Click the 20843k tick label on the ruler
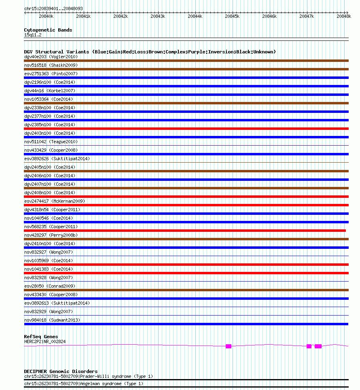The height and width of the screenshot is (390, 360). pyautogui.click(x=158, y=16)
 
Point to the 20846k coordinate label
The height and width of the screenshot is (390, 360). pyautogui.click(x=269, y=16)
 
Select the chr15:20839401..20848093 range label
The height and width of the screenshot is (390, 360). pyautogui.click(x=53, y=8)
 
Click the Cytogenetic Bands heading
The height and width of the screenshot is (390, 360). pyautogui.click(x=48, y=30)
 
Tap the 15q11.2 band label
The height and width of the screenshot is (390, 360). pyautogui.click(x=33, y=35)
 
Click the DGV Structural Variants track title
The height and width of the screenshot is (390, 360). pyautogui.click(x=150, y=52)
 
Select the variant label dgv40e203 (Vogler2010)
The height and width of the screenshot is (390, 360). pyautogui.click(x=51, y=57)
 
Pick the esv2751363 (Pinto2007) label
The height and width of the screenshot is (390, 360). pyautogui.click(x=51, y=74)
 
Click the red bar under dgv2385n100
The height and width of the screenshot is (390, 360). pyautogui.click(x=186, y=129)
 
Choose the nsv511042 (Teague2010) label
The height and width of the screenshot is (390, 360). pyautogui.click(x=51, y=142)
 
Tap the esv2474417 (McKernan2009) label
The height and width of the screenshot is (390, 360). pyautogui.click(x=55, y=201)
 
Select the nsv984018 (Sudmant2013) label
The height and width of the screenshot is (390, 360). pyautogui.click(x=52, y=320)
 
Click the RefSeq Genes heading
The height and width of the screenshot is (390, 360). pyautogui.click(x=41, y=337)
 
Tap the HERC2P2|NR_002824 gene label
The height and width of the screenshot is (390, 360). pyautogui.click(x=45, y=341)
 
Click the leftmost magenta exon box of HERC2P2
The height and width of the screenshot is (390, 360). pyautogui.click(x=229, y=346)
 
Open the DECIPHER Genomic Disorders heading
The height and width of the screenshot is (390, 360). pyautogui.click(x=61, y=371)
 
